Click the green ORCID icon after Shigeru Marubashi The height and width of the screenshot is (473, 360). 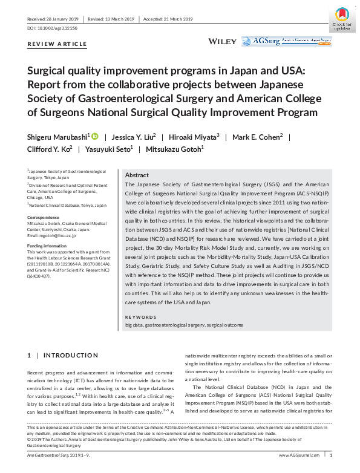[x=95, y=137]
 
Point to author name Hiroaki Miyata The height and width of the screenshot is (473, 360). [x=193, y=137]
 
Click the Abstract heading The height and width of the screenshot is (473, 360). [x=137, y=174]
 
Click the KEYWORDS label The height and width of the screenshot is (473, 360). [x=141, y=317]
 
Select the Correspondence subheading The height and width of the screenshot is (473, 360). [x=44, y=216]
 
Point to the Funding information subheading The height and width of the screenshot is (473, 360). [x=47, y=246]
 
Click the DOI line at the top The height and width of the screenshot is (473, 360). [x=53, y=28]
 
